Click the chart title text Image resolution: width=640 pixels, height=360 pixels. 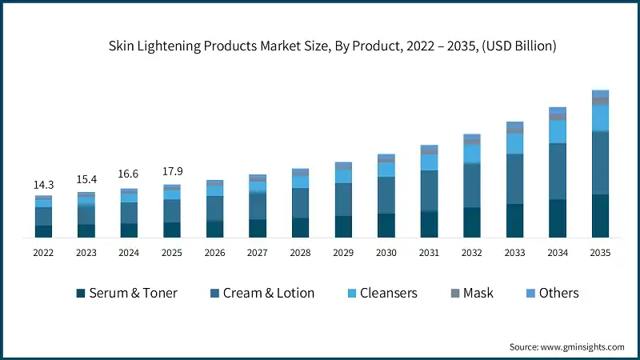point(332,47)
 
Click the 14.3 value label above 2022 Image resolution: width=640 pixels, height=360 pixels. point(43,185)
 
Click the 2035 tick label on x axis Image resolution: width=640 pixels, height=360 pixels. point(600,252)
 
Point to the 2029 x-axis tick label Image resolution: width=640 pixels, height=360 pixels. point(343,252)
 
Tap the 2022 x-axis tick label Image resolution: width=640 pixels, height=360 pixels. point(43,252)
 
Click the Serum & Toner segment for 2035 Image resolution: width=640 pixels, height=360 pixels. point(600,216)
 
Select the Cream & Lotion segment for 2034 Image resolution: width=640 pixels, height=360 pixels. point(558,171)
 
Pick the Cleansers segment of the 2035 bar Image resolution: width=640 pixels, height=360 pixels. point(600,118)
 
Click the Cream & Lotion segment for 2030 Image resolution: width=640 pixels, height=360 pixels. point(386,195)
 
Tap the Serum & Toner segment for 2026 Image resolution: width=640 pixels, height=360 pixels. point(214,229)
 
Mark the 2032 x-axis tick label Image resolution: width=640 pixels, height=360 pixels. point(472,252)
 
